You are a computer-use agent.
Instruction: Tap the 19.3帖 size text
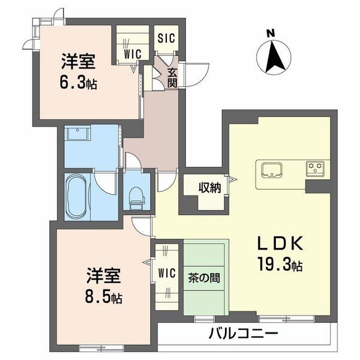pos(280,262)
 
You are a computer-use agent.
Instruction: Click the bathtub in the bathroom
pos(77,196)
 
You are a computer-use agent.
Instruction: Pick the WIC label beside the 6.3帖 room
pos(133,53)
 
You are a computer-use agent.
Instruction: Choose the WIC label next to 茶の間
pos(167,274)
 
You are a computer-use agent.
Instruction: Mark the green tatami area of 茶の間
pos(206,294)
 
